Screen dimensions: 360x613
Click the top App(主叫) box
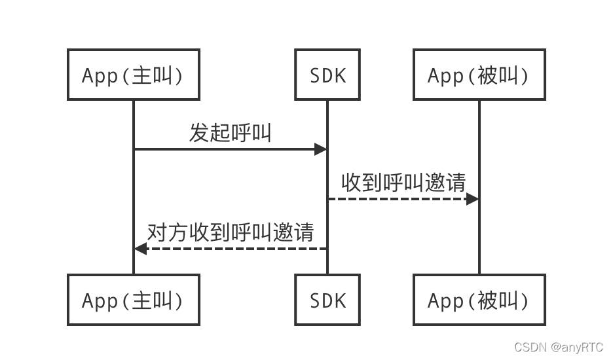pyautogui.click(x=134, y=75)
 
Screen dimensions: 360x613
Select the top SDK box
pyautogui.click(x=327, y=75)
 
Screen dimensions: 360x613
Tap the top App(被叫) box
pyautogui.click(x=479, y=75)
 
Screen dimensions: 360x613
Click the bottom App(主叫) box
pyautogui.click(x=134, y=300)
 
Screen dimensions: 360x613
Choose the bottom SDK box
pyautogui.click(x=327, y=300)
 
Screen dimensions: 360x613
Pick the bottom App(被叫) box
pyautogui.click(x=479, y=300)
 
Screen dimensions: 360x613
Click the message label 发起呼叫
pyautogui.click(x=230, y=133)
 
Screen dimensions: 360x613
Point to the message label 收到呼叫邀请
pyautogui.click(x=403, y=183)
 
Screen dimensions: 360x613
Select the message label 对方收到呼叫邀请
pyautogui.click(x=231, y=232)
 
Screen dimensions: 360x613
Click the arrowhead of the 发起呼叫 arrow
pyautogui.click(x=320, y=149)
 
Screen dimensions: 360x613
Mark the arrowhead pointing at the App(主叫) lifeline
pyautogui.click(x=141, y=249)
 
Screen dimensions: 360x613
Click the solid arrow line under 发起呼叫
pyautogui.click(x=223, y=149)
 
